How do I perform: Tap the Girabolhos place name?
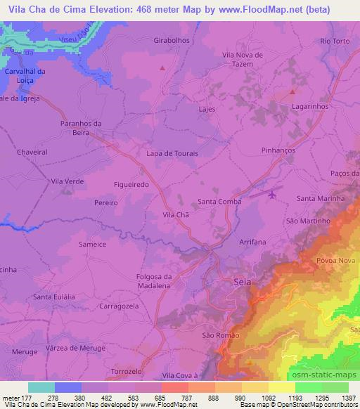point(172,41)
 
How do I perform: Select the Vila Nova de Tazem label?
point(243,59)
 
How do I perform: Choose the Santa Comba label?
point(219,201)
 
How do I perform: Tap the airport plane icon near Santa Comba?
point(273,193)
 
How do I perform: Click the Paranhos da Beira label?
point(82,127)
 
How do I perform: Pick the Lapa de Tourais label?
point(172,153)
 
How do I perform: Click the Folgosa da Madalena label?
point(153,281)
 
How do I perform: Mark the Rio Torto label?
point(335,41)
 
